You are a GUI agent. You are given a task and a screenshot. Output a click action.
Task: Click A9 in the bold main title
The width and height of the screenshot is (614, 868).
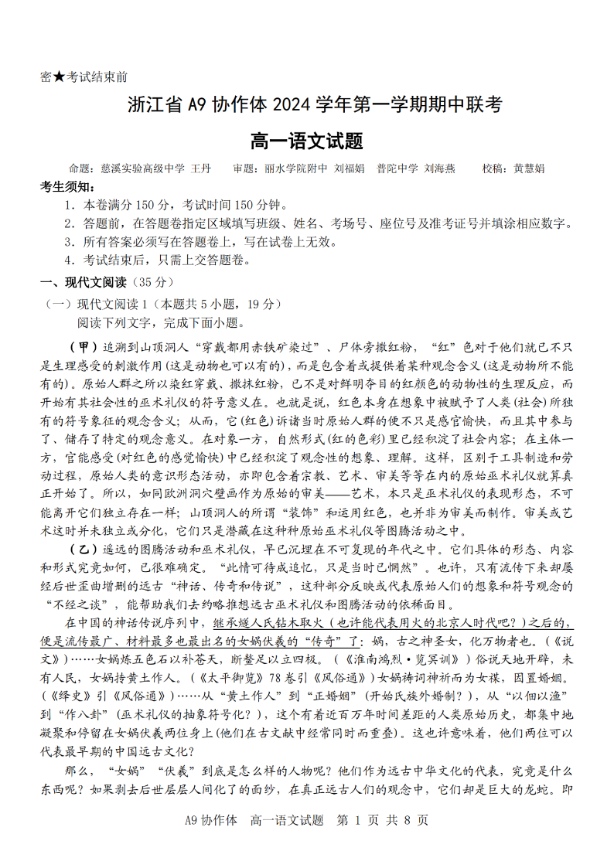click(x=200, y=104)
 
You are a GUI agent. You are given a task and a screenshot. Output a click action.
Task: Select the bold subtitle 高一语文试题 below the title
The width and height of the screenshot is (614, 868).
click(x=307, y=141)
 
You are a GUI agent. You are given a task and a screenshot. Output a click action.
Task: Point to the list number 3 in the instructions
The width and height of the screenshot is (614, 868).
click(x=70, y=242)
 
